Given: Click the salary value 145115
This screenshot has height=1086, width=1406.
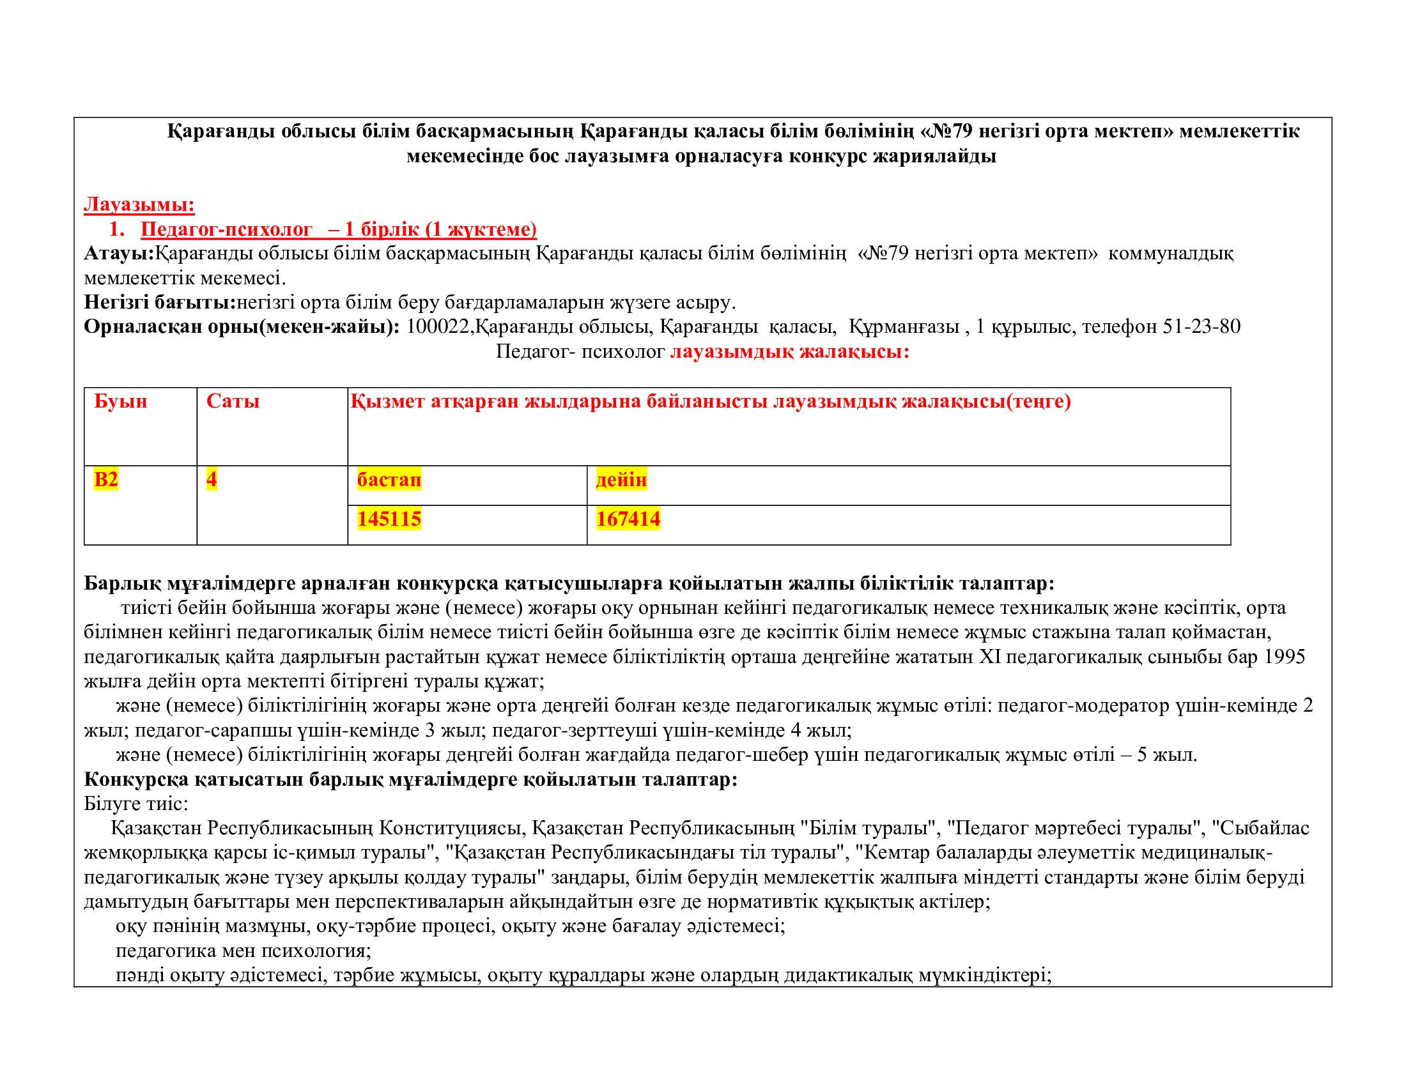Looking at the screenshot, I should click(x=389, y=519).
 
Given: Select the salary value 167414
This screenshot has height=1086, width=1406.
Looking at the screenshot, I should click(x=628, y=519).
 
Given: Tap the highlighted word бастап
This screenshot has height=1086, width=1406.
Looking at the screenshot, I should click(x=389, y=479).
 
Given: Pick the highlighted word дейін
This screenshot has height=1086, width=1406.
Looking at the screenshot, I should click(x=621, y=479).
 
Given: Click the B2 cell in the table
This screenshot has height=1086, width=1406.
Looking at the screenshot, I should click(x=106, y=479).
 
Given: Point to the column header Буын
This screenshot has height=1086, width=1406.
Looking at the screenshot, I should click(x=120, y=401).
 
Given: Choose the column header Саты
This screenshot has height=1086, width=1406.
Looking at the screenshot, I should click(x=233, y=401).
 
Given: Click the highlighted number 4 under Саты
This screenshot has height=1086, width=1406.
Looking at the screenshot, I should click(x=211, y=479).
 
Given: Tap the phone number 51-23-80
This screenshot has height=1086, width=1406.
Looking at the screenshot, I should click(x=1201, y=327).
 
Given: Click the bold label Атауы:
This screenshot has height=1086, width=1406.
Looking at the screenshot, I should click(x=119, y=254).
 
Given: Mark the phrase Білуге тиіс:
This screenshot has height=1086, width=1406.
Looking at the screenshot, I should click(x=136, y=804).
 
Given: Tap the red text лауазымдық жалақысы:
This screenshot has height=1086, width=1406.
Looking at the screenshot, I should click(x=789, y=352).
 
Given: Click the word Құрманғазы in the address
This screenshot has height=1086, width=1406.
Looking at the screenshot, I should click(x=904, y=327).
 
